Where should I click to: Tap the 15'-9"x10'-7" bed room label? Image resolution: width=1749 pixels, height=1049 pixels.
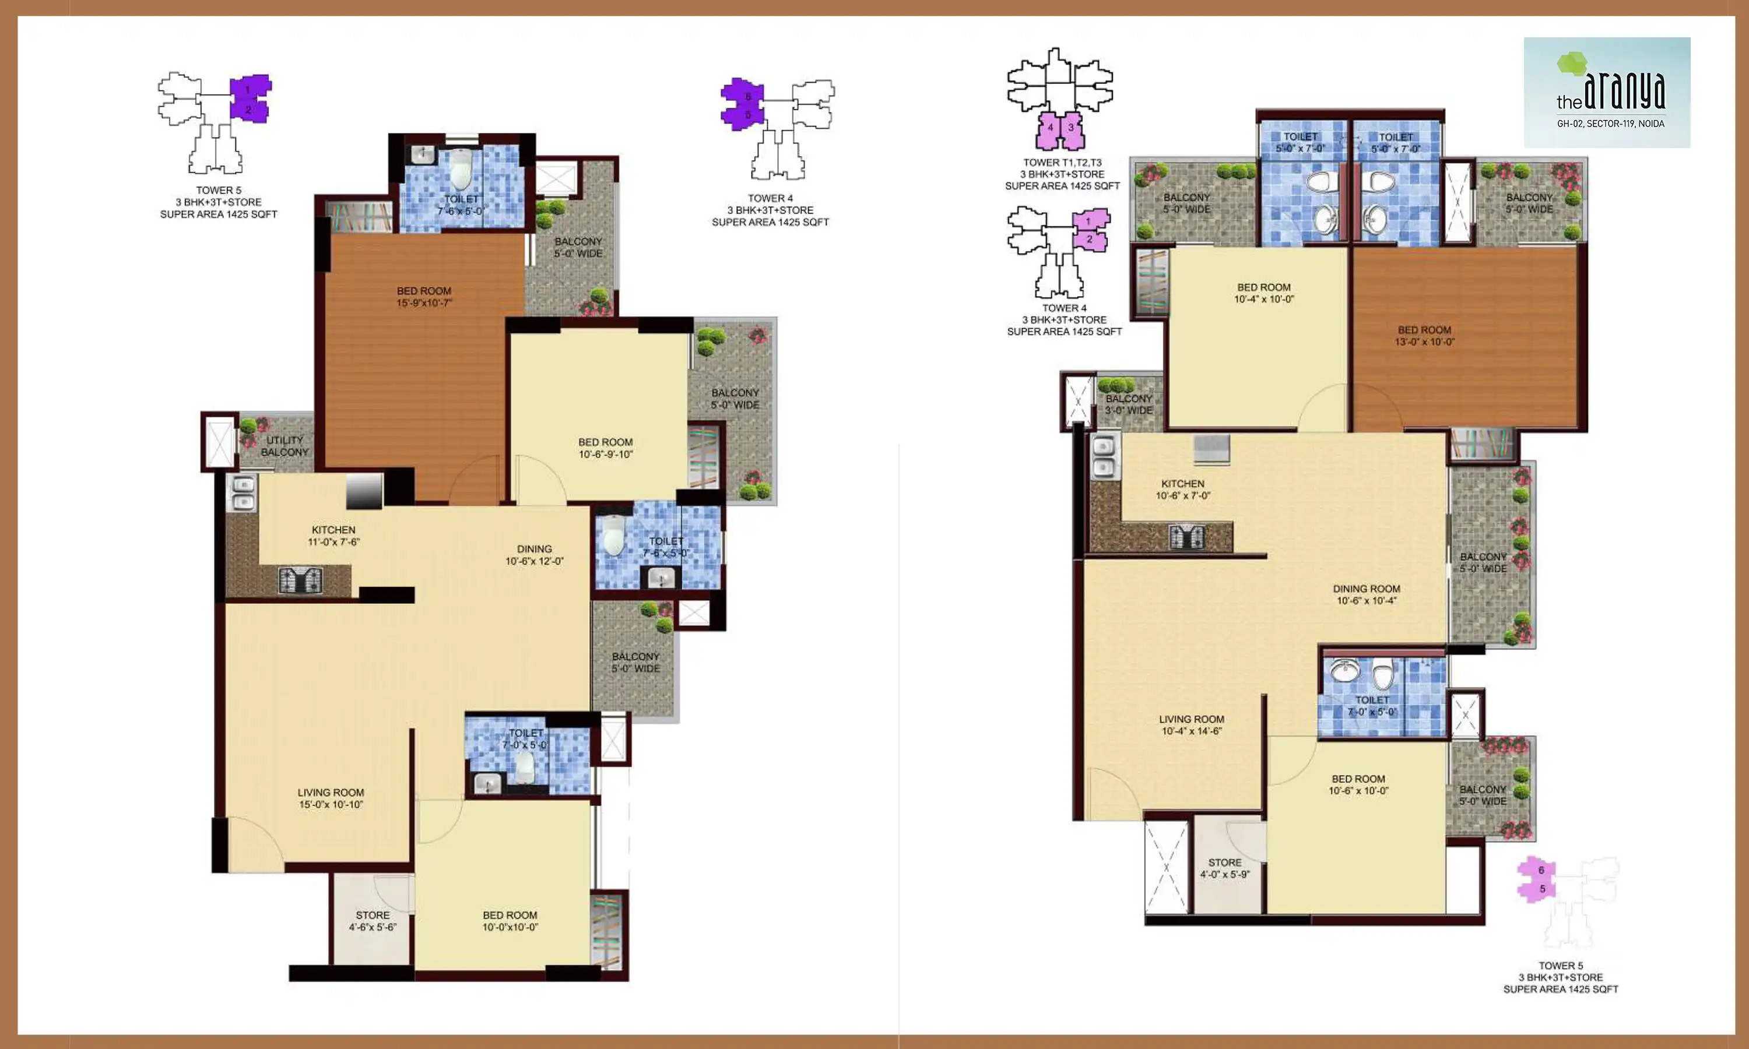click(x=424, y=297)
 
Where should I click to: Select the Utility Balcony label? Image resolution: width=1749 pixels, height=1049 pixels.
click(x=284, y=446)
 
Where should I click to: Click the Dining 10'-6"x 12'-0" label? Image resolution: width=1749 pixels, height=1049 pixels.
click(x=534, y=555)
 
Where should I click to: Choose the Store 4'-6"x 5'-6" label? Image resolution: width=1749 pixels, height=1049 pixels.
click(x=373, y=920)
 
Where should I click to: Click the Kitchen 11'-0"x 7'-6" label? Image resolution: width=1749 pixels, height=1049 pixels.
click(x=333, y=536)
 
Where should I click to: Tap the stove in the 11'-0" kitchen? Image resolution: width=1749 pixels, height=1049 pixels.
click(x=300, y=580)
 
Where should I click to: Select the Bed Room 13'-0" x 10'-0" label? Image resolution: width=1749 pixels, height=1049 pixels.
click(x=1424, y=336)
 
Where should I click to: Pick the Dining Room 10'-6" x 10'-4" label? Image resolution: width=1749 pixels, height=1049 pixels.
click(x=1366, y=594)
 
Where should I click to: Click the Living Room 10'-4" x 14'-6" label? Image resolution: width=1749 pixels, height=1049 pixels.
click(x=1191, y=724)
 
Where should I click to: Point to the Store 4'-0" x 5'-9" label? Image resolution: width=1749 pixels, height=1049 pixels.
click(x=1224, y=868)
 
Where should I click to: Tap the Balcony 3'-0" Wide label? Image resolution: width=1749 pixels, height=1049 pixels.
click(x=1129, y=404)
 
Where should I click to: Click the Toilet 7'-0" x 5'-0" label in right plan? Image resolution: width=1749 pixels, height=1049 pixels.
click(x=1372, y=706)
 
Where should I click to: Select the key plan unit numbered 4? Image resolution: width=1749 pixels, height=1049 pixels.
click(x=1051, y=128)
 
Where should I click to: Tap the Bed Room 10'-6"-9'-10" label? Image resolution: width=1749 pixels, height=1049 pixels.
click(x=605, y=448)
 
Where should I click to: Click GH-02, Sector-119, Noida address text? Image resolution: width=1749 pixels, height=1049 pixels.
click(x=1610, y=124)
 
